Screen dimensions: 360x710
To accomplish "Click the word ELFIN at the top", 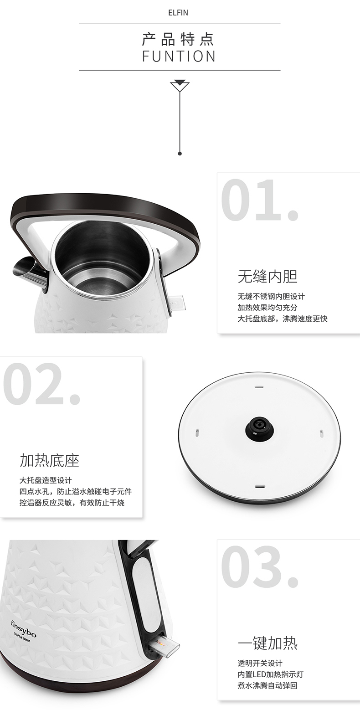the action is pyautogui.click(x=178, y=13).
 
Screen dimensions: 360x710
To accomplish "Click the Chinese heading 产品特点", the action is pyautogui.click(x=179, y=39).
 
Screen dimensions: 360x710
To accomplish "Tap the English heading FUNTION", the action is pyautogui.click(x=179, y=57).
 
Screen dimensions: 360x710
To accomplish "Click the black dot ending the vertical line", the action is pyautogui.click(x=180, y=154).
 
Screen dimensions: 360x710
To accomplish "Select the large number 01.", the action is pyautogui.click(x=260, y=201).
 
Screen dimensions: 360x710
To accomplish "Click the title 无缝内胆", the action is pyautogui.click(x=267, y=277).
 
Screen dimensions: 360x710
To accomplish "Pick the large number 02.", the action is pyautogui.click(x=41, y=384).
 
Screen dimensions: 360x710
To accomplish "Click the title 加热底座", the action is pyautogui.click(x=49, y=460).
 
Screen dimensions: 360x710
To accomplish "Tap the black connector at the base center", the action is pyautogui.click(x=260, y=427).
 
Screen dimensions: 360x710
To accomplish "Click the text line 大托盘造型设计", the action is pyautogui.click(x=46, y=480).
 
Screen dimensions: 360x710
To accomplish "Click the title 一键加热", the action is pyautogui.click(x=267, y=643).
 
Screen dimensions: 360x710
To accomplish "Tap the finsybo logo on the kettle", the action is pyautogui.click(x=24, y=629).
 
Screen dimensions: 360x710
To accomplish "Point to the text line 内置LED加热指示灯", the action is pyautogui.click(x=271, y=674).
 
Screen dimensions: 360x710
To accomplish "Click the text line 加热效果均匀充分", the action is pyautogui.click(x=267, y=308).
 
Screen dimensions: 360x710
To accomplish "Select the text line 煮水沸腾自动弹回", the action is pyautogui.click(x=267, y=685).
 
